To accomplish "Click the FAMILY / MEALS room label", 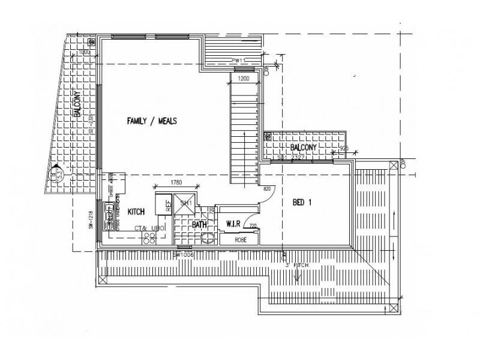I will (152, 121).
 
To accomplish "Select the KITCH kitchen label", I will (136, 212).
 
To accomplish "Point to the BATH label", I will (199, 224).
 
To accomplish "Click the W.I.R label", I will (233, 224).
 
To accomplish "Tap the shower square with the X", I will (186, 203).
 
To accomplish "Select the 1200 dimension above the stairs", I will (243, 79).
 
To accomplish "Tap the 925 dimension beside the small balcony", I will (344, 148).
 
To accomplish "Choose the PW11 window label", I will (239, 61).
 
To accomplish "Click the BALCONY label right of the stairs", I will (304, 147).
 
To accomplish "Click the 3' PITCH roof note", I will (296, 264).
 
